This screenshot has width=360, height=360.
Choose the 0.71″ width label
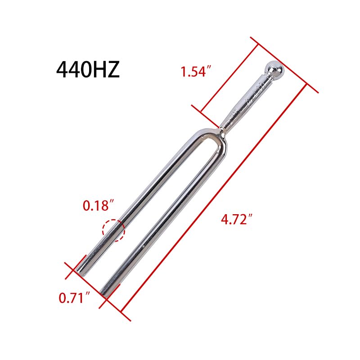[72, 298]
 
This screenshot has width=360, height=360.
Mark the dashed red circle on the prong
[113, 230]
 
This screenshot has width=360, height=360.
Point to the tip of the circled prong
[81, 272]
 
